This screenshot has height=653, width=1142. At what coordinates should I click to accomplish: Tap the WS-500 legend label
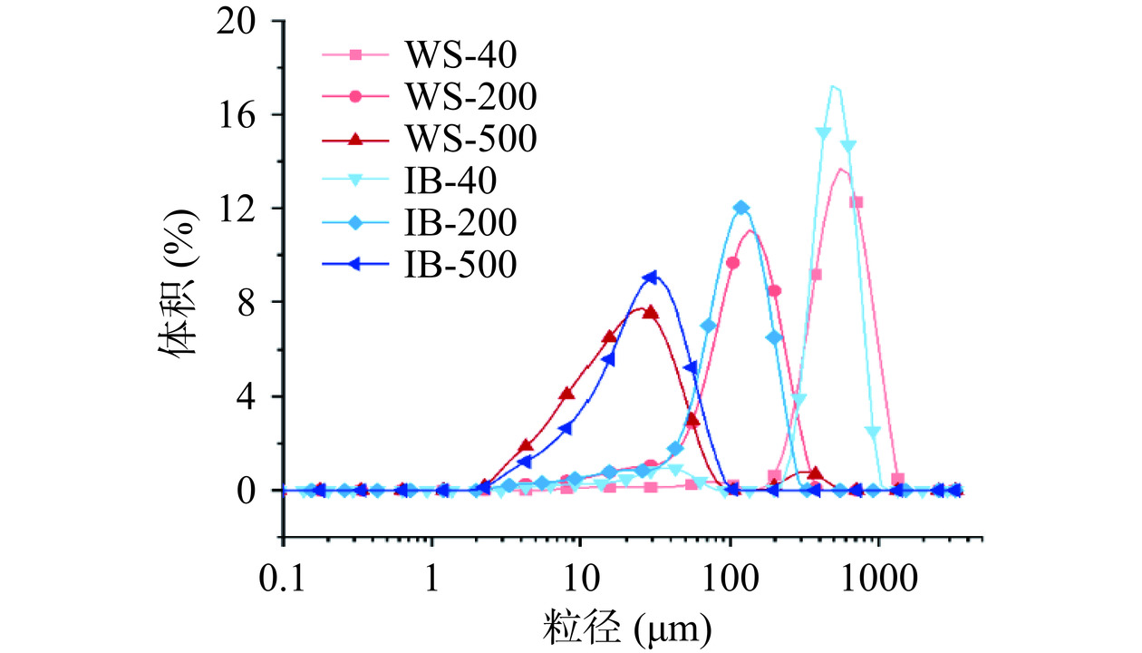pyautogui.click(x=469, y=139)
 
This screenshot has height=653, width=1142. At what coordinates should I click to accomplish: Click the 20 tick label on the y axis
pyautogui.click(x=243, y=21)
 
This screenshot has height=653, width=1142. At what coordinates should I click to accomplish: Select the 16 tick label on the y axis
pyautogui.click(x=243, y=115)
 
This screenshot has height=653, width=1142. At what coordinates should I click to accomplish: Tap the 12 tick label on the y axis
pyautogui.click(x=243, y=209)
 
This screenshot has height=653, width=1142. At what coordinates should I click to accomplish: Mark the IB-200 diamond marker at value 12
pyautogui.click(x=741, y=208)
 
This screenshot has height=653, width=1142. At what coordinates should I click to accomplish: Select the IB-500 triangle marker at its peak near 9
pyautogui.click(x=650, y=278)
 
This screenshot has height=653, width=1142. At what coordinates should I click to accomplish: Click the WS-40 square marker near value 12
pyautogui.click(x=856, y=202)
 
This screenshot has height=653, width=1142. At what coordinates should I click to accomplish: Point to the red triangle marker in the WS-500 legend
pyautogui.click(x=356, y=139)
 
